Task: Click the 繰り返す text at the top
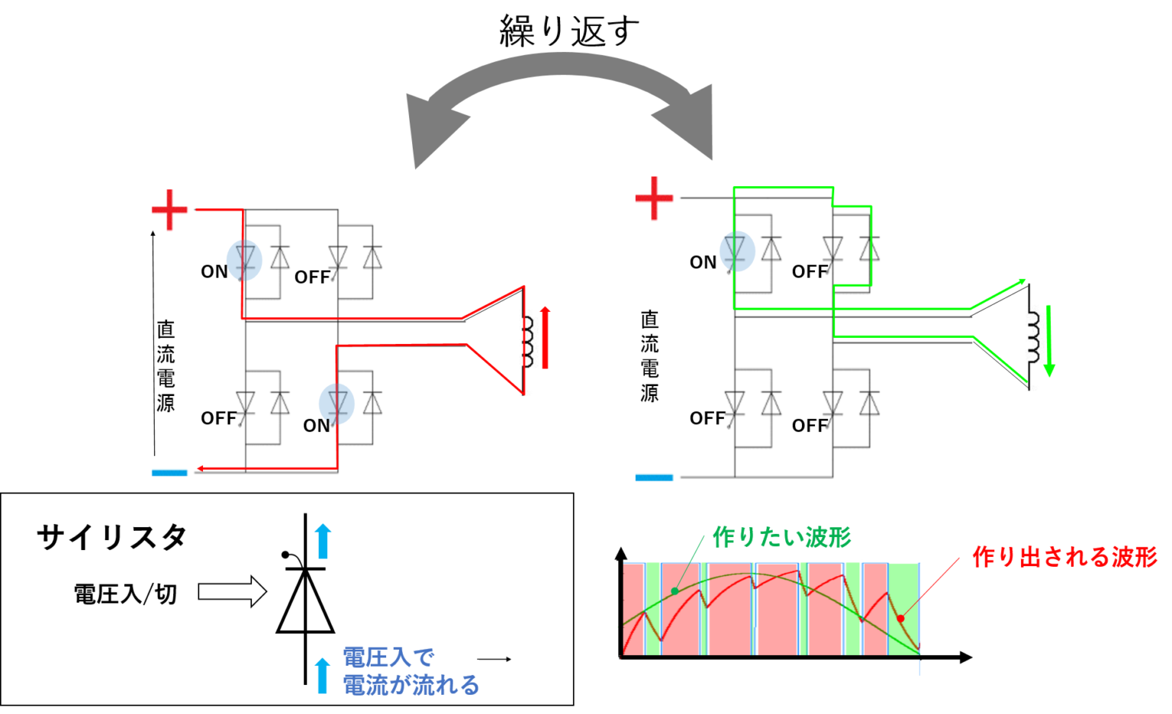(568, 32)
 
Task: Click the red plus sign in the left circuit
(169, 209)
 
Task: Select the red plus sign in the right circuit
(654, 198)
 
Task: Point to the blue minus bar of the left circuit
(169, 473)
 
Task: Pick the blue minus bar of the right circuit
(654, 478)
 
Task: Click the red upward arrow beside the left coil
(545, 337)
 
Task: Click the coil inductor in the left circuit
(527, 340)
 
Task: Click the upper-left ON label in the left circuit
(214, 272)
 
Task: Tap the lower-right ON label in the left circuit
(317, 426)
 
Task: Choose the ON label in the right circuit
(703, 262)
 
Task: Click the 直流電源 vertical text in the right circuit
(649, 355)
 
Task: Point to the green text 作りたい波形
(781, 537)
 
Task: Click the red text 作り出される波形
(1064, 557)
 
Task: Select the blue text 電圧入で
(388, 657)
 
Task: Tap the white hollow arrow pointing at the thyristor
(232, 591)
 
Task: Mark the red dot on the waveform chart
(900, 618)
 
